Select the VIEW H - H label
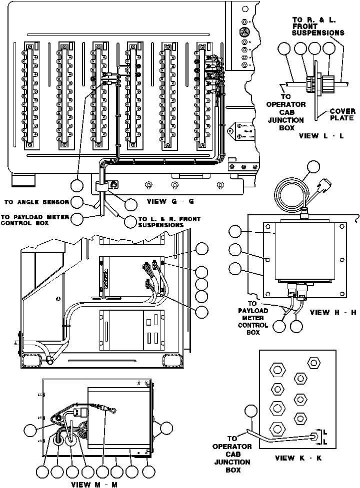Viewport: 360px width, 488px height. click(332, 313)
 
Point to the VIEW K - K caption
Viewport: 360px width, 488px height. click(298, 458)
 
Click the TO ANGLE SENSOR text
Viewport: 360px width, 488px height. click(36, 202)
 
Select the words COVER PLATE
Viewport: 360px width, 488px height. click(342, 114)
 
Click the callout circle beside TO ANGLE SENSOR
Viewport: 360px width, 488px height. click(77, 202)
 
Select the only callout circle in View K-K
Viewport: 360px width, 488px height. click(250, 412)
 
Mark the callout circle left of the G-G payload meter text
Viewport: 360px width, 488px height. click(77, 218)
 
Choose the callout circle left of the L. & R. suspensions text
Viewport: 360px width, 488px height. click(130, 221)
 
